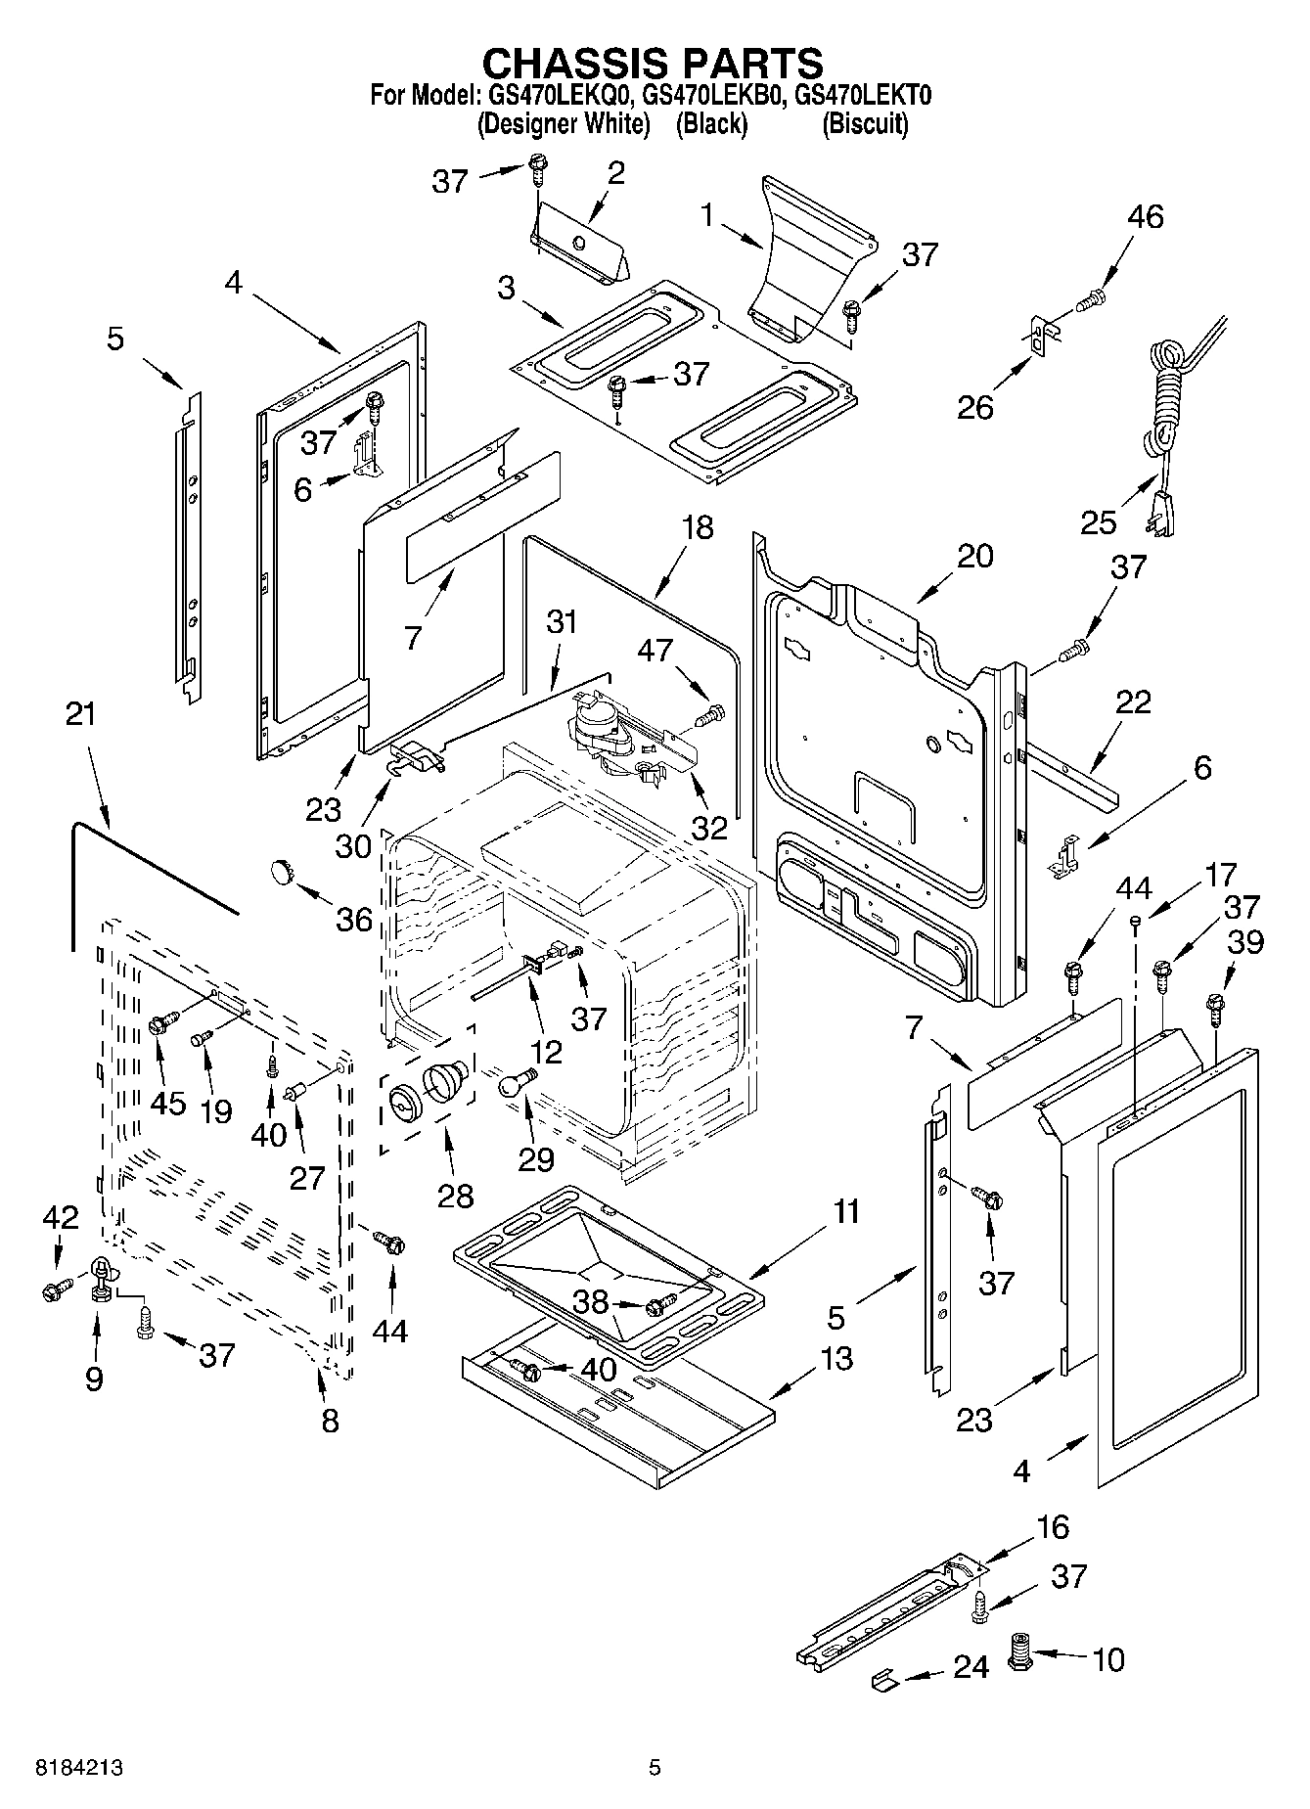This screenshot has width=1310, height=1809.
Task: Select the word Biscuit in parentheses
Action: pyautogui.click(x=865, y=124)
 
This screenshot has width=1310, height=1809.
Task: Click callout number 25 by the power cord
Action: pyautogui.click(x=1098, y=521)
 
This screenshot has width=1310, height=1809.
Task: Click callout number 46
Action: pyautogui.click(x=1146, y=216)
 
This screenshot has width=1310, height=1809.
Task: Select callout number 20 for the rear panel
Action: pyautogui.click(x=974, y=556)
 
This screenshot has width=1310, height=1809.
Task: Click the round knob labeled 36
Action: pyautogui.click(x=282, y=869)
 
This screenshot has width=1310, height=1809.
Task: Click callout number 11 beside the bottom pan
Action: pyautogui.click(x=846, y=1211)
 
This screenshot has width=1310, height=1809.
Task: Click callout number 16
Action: pyautogui.click(x=1053, y=1526)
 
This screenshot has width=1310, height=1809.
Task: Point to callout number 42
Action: pyautogui.click(x=60, y=1217)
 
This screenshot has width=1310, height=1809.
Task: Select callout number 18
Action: pyautogui.click(x=698, y=527)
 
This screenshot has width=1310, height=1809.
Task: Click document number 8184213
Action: pyautogui.click(x=80, y=1768)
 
